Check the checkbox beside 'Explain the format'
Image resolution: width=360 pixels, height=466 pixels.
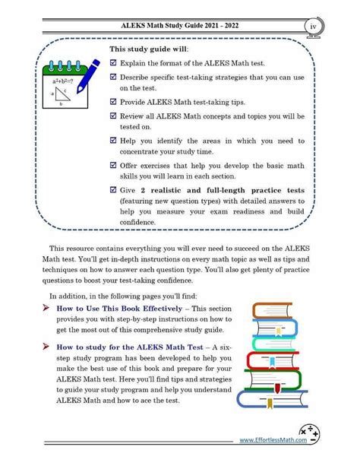[113, 64]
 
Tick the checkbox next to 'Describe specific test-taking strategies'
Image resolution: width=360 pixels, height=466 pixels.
[113, 78]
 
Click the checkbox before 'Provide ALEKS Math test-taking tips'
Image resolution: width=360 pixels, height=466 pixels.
[113, 101]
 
